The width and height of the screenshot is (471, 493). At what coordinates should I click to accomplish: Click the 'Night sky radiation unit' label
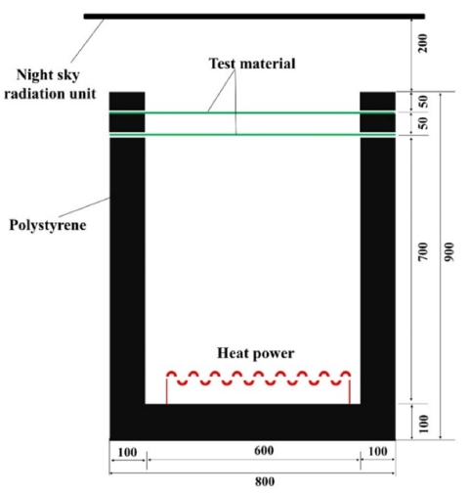point(50,84)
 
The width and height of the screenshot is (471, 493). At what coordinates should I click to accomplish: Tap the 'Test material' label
point(252,64)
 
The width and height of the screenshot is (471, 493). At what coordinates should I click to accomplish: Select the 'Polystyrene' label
point(48,225)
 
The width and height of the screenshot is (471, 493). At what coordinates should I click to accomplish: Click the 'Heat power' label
point(256,353)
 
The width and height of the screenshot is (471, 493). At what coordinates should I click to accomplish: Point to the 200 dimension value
point(423,43)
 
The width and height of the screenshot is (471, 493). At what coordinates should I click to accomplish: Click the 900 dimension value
point(449,251)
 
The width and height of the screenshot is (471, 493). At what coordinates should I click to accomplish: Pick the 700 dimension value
point(423,251)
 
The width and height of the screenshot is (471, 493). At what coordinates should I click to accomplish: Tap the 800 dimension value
point(265,481)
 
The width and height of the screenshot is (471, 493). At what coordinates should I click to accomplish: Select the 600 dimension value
point(264,451)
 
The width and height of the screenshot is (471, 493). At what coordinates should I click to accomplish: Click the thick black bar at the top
point(254,17)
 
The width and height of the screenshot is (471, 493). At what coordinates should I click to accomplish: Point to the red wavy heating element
point(259,379)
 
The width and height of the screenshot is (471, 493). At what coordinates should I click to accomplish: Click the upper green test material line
point(252,112)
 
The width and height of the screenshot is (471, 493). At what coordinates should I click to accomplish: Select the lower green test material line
point(252,134)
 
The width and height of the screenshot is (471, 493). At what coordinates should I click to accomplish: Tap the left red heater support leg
point(167,389)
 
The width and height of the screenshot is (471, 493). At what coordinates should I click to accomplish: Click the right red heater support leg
point(350,389)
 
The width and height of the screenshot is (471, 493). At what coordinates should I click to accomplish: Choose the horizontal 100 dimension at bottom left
point(127,452)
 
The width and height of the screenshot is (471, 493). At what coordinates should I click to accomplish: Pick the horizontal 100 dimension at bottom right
point(378,452)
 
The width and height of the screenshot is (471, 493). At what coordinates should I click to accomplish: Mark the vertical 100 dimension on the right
point(423,424)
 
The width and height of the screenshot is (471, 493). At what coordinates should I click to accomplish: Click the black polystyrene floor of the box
point(252,422)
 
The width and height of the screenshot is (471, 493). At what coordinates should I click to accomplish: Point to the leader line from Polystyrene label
point(84,206)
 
